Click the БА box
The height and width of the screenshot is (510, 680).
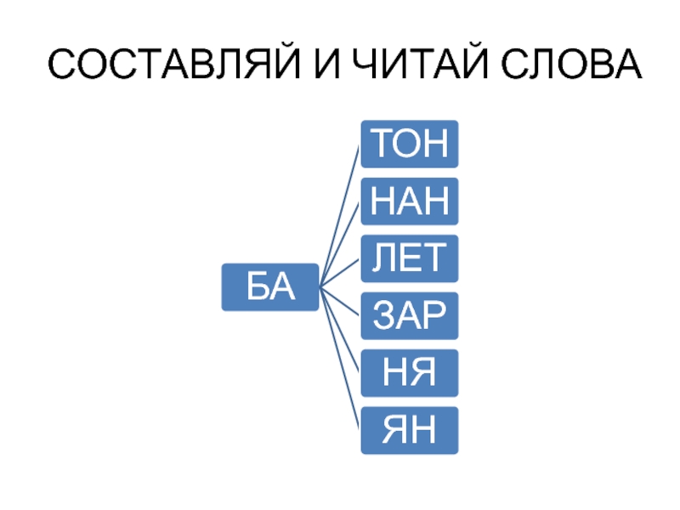pos(270,287)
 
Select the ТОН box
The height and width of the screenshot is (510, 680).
pos(410,144)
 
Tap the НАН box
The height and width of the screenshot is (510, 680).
pos(410,201)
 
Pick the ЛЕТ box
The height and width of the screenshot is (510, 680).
pos(410,258)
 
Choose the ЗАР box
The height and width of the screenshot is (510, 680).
pos(410,316)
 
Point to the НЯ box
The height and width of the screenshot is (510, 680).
pos(410,373)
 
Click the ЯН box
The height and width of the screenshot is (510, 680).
pos(410,430)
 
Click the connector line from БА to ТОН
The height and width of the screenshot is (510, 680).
pos(340,215)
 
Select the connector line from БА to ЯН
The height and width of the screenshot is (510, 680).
pos(340,360)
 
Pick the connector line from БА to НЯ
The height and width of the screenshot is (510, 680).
pos(340,331)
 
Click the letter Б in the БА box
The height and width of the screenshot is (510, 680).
pos(258,287)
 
